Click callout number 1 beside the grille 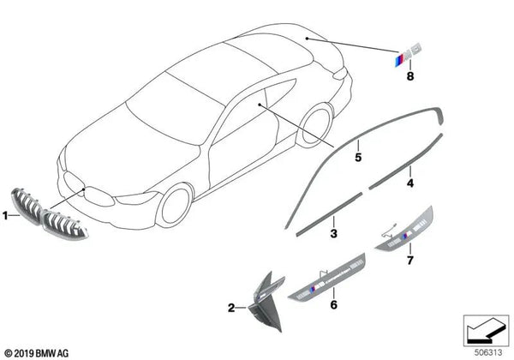tap(5, 216)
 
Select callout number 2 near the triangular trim tap(231, 308)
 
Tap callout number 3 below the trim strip tap(333, 233)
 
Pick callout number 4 tap(410, 183)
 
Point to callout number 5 tap(358, 157)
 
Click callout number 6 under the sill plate tap(333, 304)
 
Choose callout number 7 tap(410, 261)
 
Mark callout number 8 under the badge tap(410, 76)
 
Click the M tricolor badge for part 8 tap(408, 54)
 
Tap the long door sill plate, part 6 tap(327, 276)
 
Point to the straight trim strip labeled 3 tap(329, 214)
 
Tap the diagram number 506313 tap(488, 352)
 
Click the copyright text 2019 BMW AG tap(37, 353)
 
